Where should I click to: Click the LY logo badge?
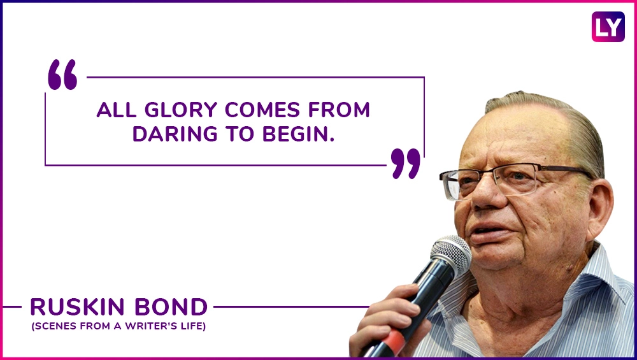click(x=608, y=27)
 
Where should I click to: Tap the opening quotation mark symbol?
click(x=62, y=75)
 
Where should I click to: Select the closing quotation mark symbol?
click(x=405, y=163)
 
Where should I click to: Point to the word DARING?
click(x=175, y=134)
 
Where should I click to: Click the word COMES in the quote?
click(x=262, y=110)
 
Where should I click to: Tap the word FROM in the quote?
click(x=339, y=110)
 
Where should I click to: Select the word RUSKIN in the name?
click(x=78, y=307)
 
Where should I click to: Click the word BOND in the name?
click(x=171, y=307)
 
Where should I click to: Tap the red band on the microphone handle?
click(x=393, y=338)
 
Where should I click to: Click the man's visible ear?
click(x=598, y=208)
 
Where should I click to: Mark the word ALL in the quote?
click(x=117, y=110)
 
